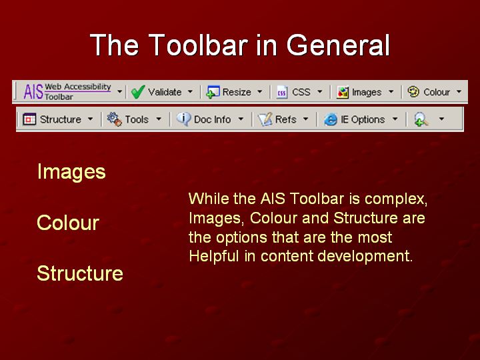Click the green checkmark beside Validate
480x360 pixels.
[x=138, y=92]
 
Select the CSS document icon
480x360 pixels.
[x=281, y=92]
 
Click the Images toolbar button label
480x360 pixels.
[x=367, y=92]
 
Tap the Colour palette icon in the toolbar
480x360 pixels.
[x=413, y=91]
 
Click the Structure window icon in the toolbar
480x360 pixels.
[x=29, y=119]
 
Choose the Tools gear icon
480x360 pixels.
[x=114, y=119]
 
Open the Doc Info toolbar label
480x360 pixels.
[x=212, y=119]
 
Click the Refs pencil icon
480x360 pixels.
[x=265, y=119]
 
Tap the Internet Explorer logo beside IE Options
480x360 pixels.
[x=331, y=119]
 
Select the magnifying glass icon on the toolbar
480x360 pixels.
[x=421, y=119]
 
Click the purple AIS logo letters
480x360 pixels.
[x=33, y=92]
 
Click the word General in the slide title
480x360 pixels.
[x=338, y=45]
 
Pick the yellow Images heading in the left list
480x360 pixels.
[x=71, y=172]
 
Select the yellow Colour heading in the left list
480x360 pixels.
[x=68, y=223]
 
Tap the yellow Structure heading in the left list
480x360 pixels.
[x=80, y=273]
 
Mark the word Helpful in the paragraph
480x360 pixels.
[x=214, y=255]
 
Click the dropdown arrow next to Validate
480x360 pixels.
[x=190, y=91]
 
